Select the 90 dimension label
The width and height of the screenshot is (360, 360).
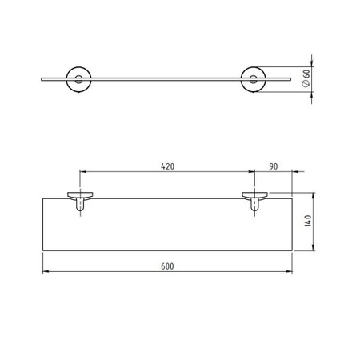[273, 166]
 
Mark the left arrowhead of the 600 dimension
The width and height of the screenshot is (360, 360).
[45, 271]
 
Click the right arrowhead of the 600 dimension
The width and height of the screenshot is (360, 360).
[290, 271]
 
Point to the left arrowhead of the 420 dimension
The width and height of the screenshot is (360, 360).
[82, 172]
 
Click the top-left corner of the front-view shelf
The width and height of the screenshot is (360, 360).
[42, 194]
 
